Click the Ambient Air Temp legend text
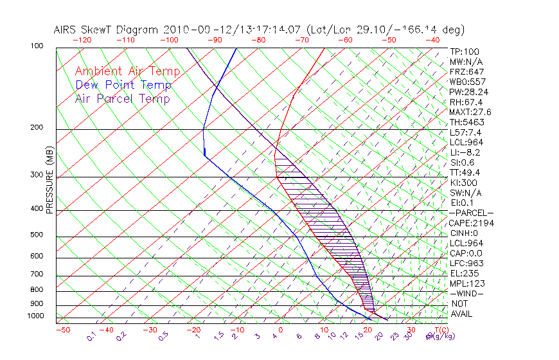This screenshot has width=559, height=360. pos(127,71)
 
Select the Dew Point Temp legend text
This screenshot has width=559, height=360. pos(123,85)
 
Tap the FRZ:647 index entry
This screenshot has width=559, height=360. pos(467,71)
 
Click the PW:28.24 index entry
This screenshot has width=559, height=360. pos(469,92)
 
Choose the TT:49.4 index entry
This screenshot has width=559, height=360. pos(466,172)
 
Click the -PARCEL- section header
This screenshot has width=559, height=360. pos(472,213)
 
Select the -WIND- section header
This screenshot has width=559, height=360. pos(467,293)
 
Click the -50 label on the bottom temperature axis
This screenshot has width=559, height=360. pos(62,330)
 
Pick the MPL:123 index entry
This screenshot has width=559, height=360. pos(467,283)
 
